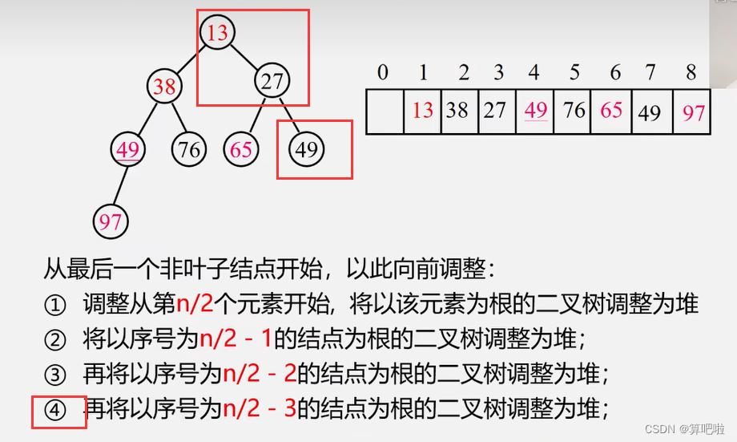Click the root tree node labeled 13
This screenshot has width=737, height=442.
tap(217, 32)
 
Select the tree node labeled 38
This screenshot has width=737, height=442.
tap(164, 85)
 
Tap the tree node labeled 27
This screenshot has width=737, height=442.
tap(273, 81)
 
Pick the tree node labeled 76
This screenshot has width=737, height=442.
tap(189, 150)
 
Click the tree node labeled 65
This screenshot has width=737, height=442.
tap(241, 150)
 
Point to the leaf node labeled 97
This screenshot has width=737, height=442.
tap(111, 221)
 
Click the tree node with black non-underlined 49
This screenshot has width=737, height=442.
tap(306, 149)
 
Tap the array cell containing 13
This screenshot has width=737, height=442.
tap(422, 110)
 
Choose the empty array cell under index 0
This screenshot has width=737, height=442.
tap(385, 111)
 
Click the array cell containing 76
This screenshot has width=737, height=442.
tap(574, 110)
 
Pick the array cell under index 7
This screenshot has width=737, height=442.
tap(650, 112)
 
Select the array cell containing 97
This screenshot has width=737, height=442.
tap(693, 112)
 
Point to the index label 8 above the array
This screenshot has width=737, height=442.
tap(691, 73)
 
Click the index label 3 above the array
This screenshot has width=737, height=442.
tap(498, 73)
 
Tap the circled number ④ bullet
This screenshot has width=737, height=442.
tap(54, 411)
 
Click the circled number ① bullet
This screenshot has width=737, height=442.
tap(54, 306)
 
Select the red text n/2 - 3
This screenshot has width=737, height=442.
tap(260, 410)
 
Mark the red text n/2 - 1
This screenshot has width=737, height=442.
tap(236, 340)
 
